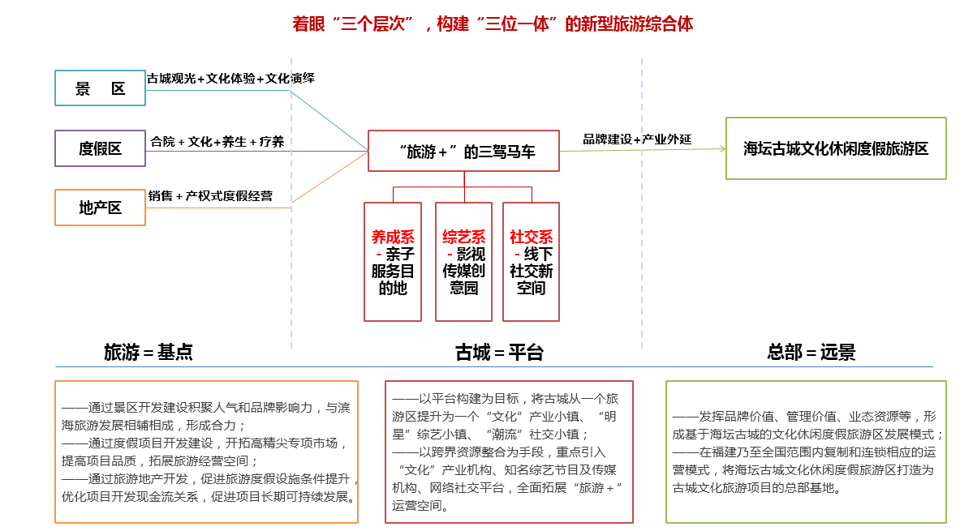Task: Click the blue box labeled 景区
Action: (100, 88)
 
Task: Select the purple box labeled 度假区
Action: (100, 148)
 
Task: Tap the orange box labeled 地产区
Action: (100, 208)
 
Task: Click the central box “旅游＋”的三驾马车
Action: (464, 151)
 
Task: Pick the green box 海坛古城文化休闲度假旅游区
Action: (836, 148)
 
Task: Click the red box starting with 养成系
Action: (393, 261)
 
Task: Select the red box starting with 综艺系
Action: (464, 261)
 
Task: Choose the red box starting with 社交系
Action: (532, 261)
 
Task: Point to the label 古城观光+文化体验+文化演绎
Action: (230, 79)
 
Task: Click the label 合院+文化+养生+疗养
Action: (217, 142)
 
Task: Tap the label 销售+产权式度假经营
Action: (210, 196)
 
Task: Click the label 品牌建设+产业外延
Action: (637, 139)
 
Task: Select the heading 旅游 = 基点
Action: (149, 352)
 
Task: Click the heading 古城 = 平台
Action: (499, 352)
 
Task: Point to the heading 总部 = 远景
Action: (811, 352)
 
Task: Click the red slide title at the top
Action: (493, 24)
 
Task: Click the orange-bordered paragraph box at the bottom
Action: (206, 452)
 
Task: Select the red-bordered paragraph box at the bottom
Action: (509, 452)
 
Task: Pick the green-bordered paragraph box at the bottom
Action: (806, 452)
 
